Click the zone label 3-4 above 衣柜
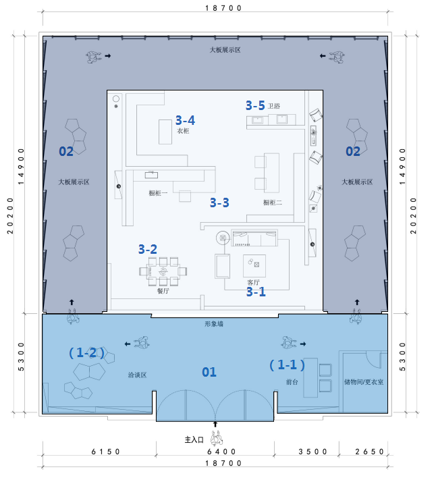pyautogui.click(x=185, y=120)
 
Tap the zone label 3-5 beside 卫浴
pyautogui.click(x=255, y=105)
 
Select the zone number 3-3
pyautogui.click(x=219, y=203)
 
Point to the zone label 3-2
pyautogui.click(x=148, y=249)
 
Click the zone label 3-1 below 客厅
pyautogui.click(x=256, y=292)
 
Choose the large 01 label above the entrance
pyautogui.click(x=209, y=372)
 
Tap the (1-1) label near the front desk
pyautogui.click(x=287, y=365)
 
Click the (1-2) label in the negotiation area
pyautogui.click(x=86, y=352)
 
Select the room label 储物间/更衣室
pyautogui.click(x=364, y=382)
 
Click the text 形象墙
pyautogui.click(x=214, y=323)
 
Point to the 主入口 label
pyautogui.click(x=194, y=440)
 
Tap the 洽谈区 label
pyautogui.click(x=137, y=375)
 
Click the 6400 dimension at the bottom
pyautogui.click(x=221, y=452)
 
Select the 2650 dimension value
pyautogui.click(x=369, y=452)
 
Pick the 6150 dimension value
pyautogui.click(x=105, y=452)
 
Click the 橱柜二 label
pyautogui.click(x=273, y=203)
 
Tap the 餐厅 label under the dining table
pyautogui.click(x=163, y=291)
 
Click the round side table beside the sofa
pyautogui.click(x=223, y=238)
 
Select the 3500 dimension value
pyautogui.click(x=313, y=452)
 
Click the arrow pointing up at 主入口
pyautogui.click(x=215, y=424)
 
